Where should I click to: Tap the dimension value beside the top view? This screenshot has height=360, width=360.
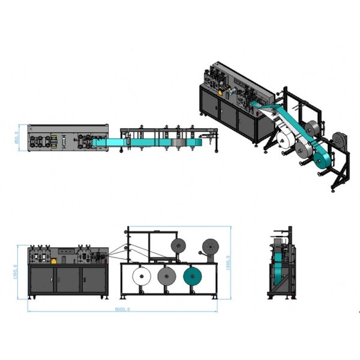point(22,139)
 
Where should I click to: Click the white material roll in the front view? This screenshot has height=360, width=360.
point(140,277)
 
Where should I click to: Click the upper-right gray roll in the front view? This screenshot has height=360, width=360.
point(211,245)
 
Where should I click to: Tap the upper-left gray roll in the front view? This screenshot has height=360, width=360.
point(177,245)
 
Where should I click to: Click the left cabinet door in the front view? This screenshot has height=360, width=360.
point(43,280)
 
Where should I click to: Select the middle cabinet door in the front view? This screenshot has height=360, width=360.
point(69,280)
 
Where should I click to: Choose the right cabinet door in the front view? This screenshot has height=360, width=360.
point(95,280)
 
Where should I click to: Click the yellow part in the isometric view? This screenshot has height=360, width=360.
point(226,92)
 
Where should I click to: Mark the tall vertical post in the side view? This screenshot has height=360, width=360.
point(290,261)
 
